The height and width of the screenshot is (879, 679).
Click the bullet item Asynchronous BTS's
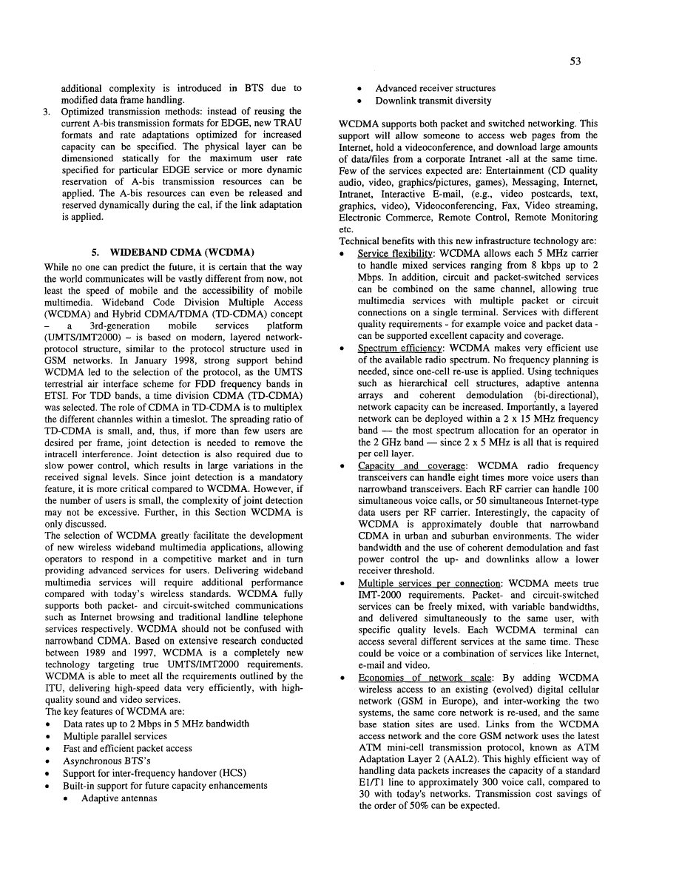[102, 761]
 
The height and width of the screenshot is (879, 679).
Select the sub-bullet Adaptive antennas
[119, 799]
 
